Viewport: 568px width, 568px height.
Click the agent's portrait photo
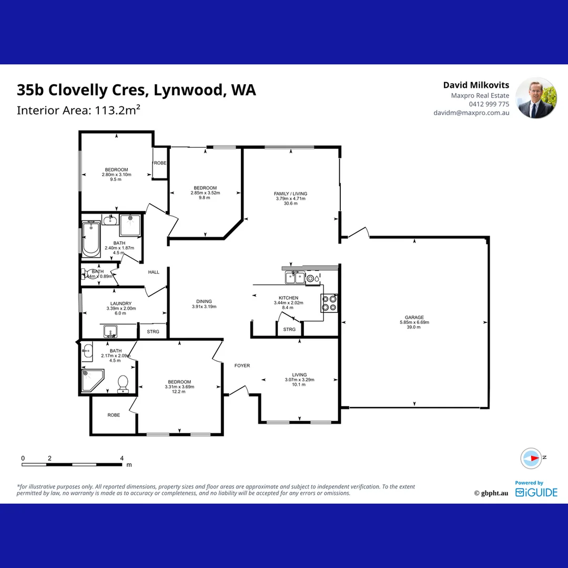535,98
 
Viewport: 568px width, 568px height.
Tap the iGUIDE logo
536,492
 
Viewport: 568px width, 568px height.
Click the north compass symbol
531,458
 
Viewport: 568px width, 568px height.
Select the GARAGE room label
414,318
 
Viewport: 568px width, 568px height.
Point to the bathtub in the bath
91,239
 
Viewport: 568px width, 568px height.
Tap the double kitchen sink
295,277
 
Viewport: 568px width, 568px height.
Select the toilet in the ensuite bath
124,383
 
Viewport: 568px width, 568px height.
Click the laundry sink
111,331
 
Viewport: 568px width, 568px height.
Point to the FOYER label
242,366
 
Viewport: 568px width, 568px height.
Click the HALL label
154,272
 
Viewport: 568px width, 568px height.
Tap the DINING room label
204,302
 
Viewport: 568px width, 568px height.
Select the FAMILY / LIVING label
291,194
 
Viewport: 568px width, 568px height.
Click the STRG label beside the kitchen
289,329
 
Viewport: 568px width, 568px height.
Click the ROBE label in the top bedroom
160,163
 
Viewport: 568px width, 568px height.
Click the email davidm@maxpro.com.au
471,113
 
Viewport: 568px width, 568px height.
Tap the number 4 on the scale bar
121,458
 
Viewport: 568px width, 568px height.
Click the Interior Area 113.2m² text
78,110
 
